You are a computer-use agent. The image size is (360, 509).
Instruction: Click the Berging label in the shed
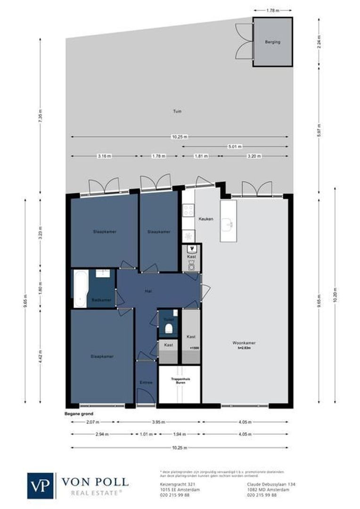coord(273,42)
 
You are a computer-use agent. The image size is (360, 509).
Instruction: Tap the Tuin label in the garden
coord(177,112)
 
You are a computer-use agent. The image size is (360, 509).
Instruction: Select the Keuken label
coord(206,219)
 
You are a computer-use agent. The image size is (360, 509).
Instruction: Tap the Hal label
coord(148,291)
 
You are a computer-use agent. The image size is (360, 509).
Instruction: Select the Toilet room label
coord(168,319)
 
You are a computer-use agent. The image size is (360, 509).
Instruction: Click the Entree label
coord(146,382)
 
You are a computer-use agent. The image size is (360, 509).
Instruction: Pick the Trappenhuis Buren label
coord(179,381)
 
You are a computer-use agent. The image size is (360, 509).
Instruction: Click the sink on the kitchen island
coord(229,224)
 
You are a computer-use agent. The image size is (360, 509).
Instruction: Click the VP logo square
coord(41,485)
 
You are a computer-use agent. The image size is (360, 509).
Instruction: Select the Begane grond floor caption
coord(76,414)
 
